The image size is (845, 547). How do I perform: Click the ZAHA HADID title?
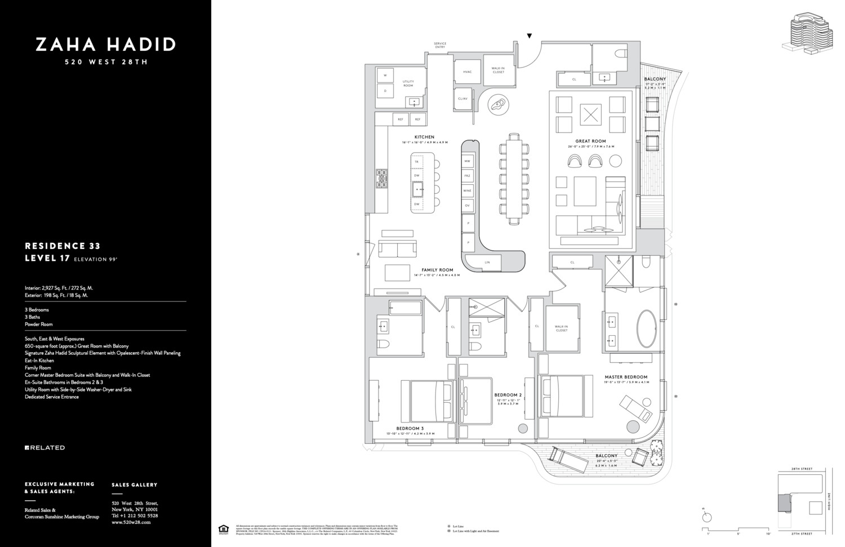click(105, 45)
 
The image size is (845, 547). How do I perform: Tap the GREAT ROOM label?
click(590, 141)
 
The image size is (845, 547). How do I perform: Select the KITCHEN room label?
click(424, 137)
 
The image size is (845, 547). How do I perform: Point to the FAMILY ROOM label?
click(437, 270)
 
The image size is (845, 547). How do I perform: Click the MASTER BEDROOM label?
click(626, 377)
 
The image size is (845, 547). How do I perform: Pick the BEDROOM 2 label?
click(508, 395)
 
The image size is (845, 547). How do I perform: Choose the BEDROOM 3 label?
click(410, 429)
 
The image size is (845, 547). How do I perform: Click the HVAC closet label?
click(467, 72)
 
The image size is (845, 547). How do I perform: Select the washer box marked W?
click(385, 75)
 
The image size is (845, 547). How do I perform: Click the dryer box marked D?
click(385, 91)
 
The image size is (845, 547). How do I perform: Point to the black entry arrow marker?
click(530, 36)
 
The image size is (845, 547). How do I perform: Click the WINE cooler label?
click(467, 191)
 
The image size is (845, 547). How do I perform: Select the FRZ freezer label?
click(467, 176)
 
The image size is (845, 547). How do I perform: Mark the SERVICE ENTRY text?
click(440, 45)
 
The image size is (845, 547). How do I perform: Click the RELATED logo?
click(45, 448)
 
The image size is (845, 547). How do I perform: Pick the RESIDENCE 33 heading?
click(63, 246)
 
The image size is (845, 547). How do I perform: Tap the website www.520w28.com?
click(131, 522)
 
